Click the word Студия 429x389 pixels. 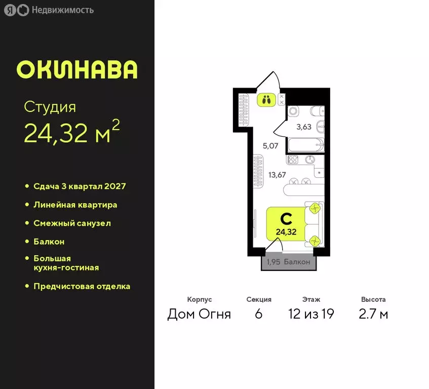(50, 107)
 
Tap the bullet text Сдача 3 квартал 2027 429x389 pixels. (80, 186)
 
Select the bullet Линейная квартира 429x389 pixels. (75, 205)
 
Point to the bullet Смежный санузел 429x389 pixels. (72, 223)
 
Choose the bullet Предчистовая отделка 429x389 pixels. (82, 286)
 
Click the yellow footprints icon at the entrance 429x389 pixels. (266, 99)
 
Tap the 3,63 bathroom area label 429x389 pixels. (304, 127)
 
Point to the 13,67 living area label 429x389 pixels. (277, 175)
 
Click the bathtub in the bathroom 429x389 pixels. (305, 145)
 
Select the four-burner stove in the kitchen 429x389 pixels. (293, 160)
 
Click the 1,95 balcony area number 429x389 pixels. (274, 262)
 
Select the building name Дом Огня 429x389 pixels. (199, 314)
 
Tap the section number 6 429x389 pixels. (259, 314)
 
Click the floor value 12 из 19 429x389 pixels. (311, 314)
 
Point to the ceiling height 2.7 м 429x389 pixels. (374, 314)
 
